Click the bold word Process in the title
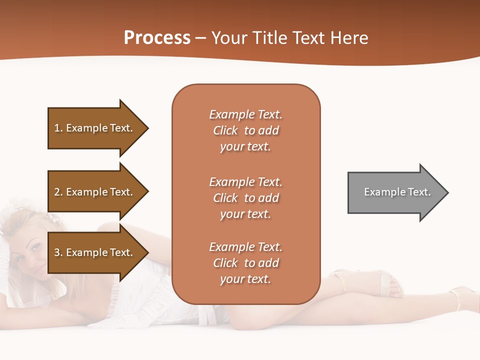click(x=157, y=38)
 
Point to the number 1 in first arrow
click(x=57, y=128)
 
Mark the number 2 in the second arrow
click(x=57, y=192)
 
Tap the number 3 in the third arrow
click(x=57, y=252)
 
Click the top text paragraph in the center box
click(x=245, y=130)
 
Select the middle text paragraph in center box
click(x=245, y=198)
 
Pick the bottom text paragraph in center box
click(x=245, y=263)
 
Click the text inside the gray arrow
click(x=397, y=192)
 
